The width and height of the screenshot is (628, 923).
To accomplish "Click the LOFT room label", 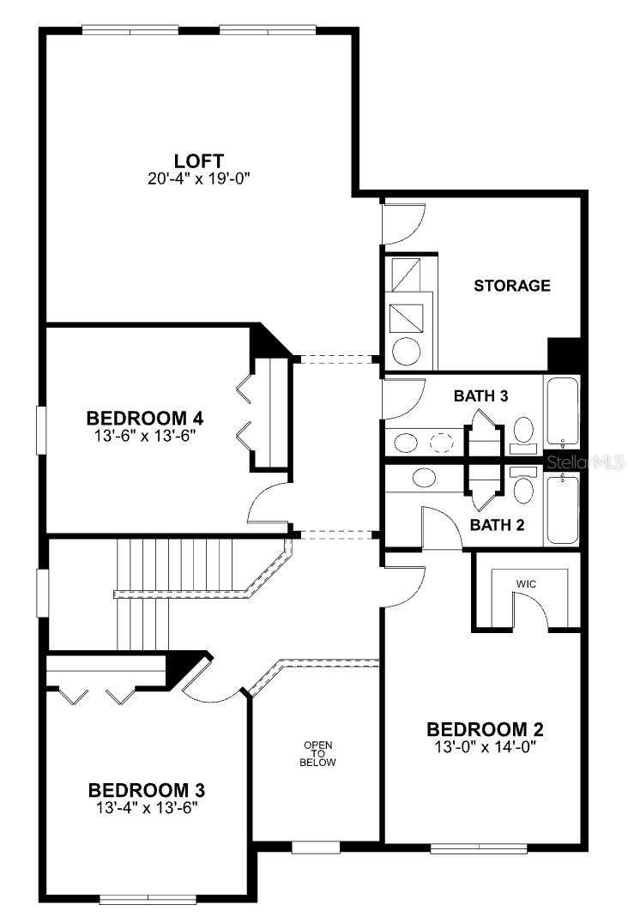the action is [198, 160].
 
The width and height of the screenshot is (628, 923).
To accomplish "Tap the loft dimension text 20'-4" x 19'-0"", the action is [198, 178].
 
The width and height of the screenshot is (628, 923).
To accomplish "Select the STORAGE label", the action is [512, 286].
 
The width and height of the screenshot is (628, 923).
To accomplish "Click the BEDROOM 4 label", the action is [145, 418].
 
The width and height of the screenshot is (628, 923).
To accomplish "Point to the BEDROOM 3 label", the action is [147, 789].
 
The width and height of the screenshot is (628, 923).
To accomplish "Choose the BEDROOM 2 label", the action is [485, 729].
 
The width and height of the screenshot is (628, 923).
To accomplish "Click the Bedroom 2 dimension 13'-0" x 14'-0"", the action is [485, 747].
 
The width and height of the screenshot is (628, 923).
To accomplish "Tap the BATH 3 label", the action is [480, 395].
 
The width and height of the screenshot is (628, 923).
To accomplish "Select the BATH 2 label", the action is [497, 524].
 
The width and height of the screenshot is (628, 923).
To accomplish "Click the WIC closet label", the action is [526, 584].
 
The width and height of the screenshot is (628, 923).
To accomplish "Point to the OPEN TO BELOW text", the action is [317, 753].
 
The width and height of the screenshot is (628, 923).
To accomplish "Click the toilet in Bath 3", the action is [523, 435].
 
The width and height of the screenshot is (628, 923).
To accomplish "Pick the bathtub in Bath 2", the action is [563, 510].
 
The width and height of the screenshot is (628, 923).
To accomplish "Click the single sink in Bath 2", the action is [425, 478].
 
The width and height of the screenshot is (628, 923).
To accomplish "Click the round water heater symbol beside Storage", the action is [406, 352].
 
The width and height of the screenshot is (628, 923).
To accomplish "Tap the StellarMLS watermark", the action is [585, 462].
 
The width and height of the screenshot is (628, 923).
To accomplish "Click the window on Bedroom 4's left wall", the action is [40, 430].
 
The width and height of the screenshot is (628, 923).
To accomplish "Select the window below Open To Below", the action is [316, 847].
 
